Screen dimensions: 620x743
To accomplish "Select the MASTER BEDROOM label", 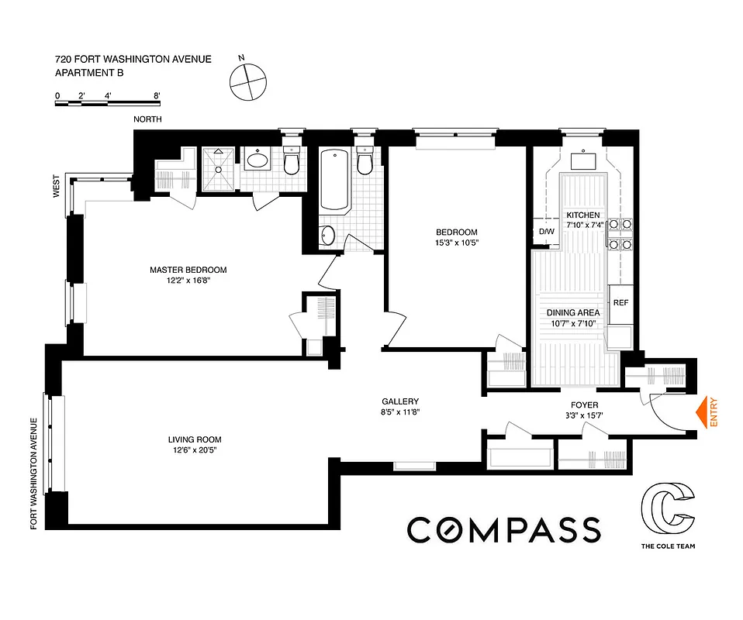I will (188, 270).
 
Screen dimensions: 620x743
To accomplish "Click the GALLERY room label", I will (399, 401).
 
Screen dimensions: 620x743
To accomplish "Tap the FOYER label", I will (583, 405).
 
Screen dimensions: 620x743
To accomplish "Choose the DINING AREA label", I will (573, 313).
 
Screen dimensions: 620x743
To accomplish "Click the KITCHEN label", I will (583, 215).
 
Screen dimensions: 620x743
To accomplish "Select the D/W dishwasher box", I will (545, 232).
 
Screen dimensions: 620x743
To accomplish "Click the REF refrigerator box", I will (620, 302).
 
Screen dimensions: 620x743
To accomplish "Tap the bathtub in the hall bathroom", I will (334, 181).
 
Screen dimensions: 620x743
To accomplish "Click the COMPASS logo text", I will (504, 530).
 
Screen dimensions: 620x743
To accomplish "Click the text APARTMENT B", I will (89, 73).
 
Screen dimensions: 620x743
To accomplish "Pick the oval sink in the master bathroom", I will (257, 161).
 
